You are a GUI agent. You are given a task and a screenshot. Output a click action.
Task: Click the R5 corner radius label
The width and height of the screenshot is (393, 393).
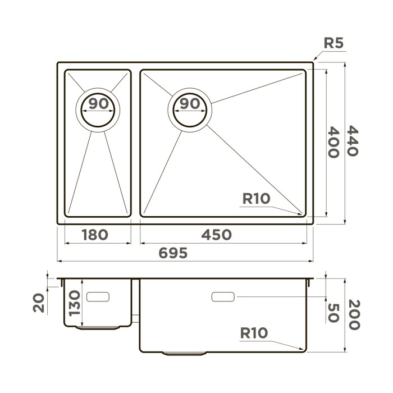[x=333, y=44]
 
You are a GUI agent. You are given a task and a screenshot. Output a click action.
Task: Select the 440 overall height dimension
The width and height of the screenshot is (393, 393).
[x=351, y=141]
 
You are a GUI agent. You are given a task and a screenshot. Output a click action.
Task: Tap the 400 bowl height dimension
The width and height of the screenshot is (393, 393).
[x=333, y=142]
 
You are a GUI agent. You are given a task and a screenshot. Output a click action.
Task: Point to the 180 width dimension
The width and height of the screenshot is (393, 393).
[x=95, y=235]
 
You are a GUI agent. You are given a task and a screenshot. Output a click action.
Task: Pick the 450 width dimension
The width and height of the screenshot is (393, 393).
[x=216, y=235]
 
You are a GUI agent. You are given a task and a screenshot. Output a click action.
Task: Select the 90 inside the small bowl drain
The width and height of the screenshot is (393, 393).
[x=98, y=103]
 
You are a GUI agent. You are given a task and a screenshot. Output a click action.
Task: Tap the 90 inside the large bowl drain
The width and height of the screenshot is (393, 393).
[x=191, y=103]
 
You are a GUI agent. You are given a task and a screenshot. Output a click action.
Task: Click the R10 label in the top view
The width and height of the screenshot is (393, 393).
[x=257, y=198]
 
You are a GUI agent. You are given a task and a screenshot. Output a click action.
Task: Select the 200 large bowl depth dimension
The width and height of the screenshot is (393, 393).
[x=353, y=315]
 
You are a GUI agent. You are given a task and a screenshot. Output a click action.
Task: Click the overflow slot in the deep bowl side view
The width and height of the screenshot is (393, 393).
[x=223, y=296]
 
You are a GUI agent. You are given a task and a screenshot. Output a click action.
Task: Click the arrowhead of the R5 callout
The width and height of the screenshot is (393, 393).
[x=314, y=60]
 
